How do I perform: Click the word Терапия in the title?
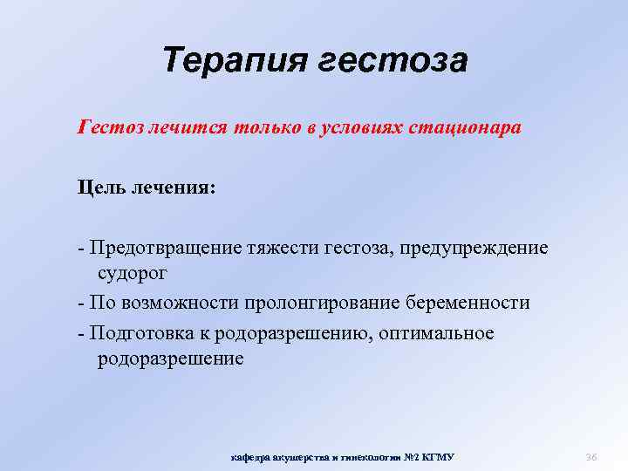pyautogui.click(x=230, y=61)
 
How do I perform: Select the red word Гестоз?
pyautogui.click(x=109, y=127)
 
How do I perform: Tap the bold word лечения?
pyautogui.click(x=174, y=188)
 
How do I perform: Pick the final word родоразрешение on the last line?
pyautogui.click(x=170, y=358)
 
